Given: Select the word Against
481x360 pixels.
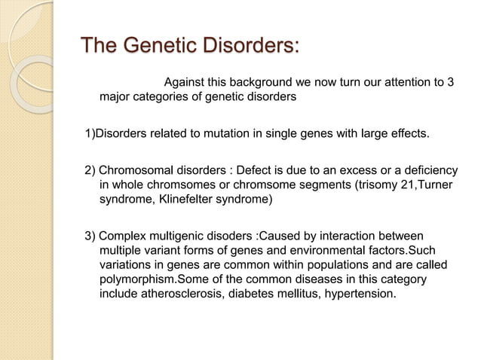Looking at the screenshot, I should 185,82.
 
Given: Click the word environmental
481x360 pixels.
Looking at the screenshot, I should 326,252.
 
